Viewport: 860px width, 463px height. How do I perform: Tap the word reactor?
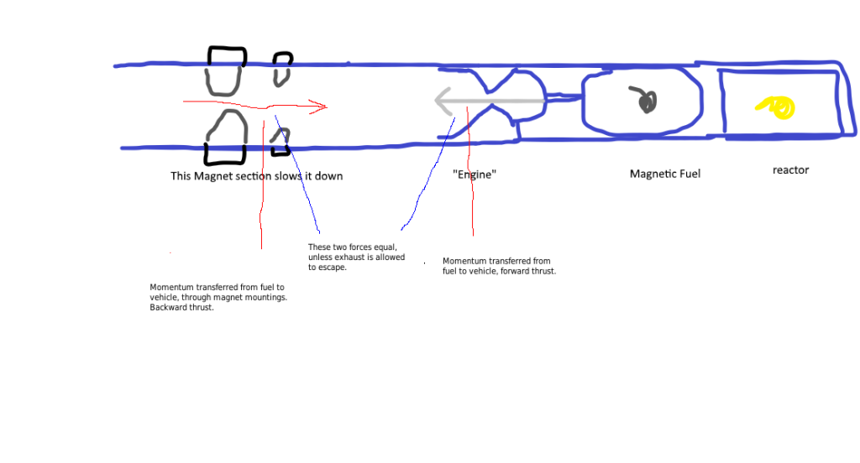click(790, 170)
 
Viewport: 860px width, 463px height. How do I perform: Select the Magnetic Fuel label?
click(665, 174)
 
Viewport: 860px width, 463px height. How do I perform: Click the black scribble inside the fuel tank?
click(645, 101)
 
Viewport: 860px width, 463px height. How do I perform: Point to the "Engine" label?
click(475, 175)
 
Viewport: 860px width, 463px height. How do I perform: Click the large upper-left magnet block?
click(227, 70)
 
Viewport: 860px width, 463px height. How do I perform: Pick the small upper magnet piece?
click(282, 70)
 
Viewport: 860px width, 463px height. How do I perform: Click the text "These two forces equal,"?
click(352, 247)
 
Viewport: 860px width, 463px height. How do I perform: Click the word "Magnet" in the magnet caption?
click(214, 176)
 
